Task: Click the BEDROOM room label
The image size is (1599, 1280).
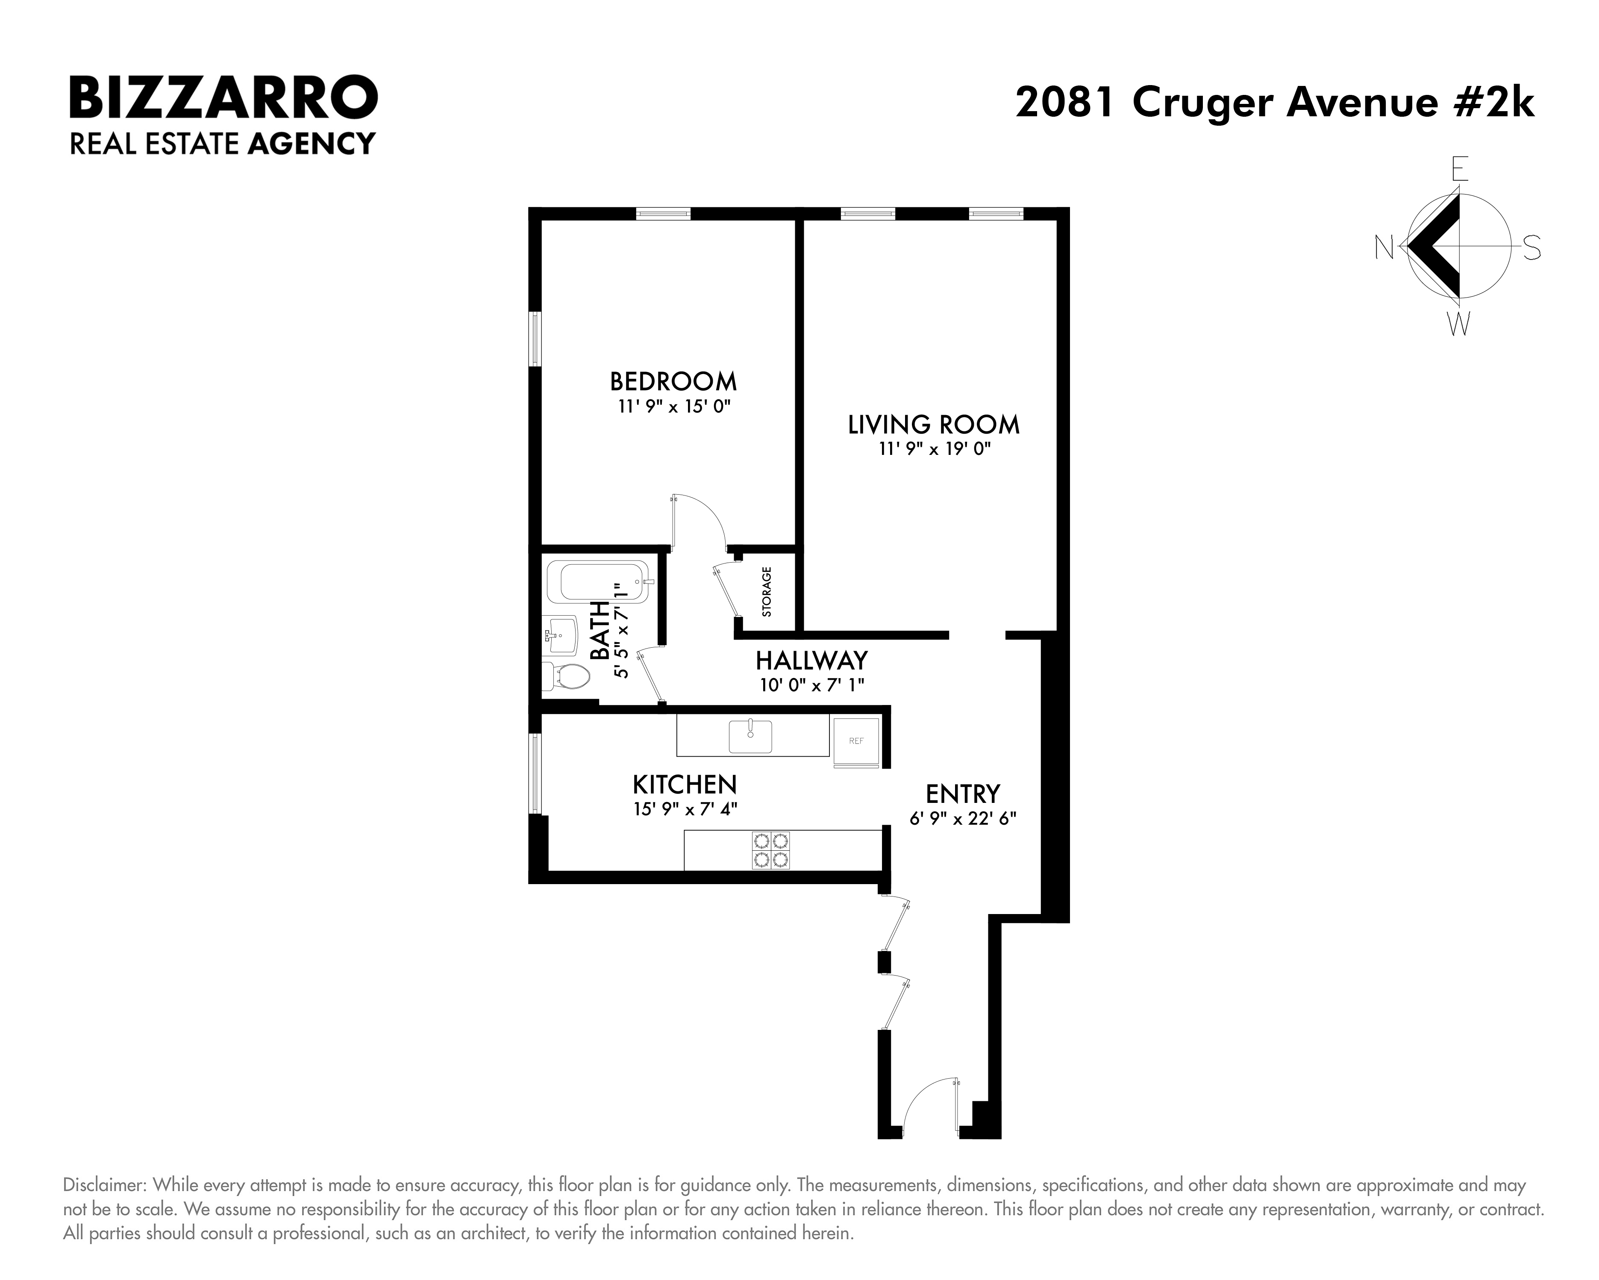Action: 673,381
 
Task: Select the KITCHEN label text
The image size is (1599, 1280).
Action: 685,785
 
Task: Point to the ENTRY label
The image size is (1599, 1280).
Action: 963,794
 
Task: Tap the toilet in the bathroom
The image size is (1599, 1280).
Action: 567,676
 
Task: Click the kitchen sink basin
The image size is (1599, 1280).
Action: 750,736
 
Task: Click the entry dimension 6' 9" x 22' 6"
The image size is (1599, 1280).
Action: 963,818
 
